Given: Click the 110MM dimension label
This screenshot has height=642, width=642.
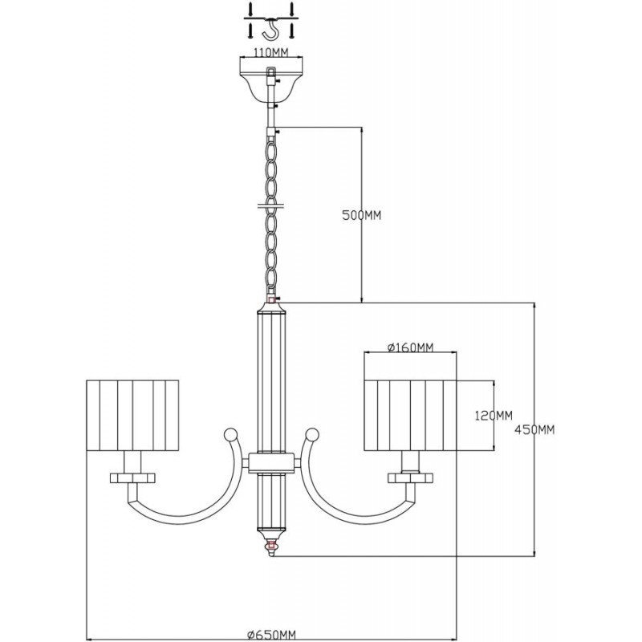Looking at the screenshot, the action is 271,52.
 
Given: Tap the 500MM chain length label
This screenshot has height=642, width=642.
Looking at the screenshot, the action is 362,215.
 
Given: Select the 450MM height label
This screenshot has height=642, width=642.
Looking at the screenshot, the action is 534,430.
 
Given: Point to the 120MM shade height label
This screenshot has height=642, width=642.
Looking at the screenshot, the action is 494,416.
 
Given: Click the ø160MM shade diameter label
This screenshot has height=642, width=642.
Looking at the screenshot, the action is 410,347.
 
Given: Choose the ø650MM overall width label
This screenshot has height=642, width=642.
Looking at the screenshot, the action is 271,635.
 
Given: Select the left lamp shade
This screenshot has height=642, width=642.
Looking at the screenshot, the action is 132,415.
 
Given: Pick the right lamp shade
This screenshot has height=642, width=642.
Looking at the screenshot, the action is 410,415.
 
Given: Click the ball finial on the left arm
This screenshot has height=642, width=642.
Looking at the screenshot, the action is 230,434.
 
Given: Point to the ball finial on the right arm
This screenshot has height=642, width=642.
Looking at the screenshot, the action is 312,434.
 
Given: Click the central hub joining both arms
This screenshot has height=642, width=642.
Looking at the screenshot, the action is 271,463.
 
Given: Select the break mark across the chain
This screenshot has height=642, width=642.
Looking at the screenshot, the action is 271,205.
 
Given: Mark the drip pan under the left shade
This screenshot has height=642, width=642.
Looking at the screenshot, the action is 132,477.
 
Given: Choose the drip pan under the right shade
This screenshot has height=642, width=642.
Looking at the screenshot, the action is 411,477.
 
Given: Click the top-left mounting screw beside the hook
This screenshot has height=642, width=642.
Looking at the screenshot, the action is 250,10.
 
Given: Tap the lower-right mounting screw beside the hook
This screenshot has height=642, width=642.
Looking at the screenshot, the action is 292,31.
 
